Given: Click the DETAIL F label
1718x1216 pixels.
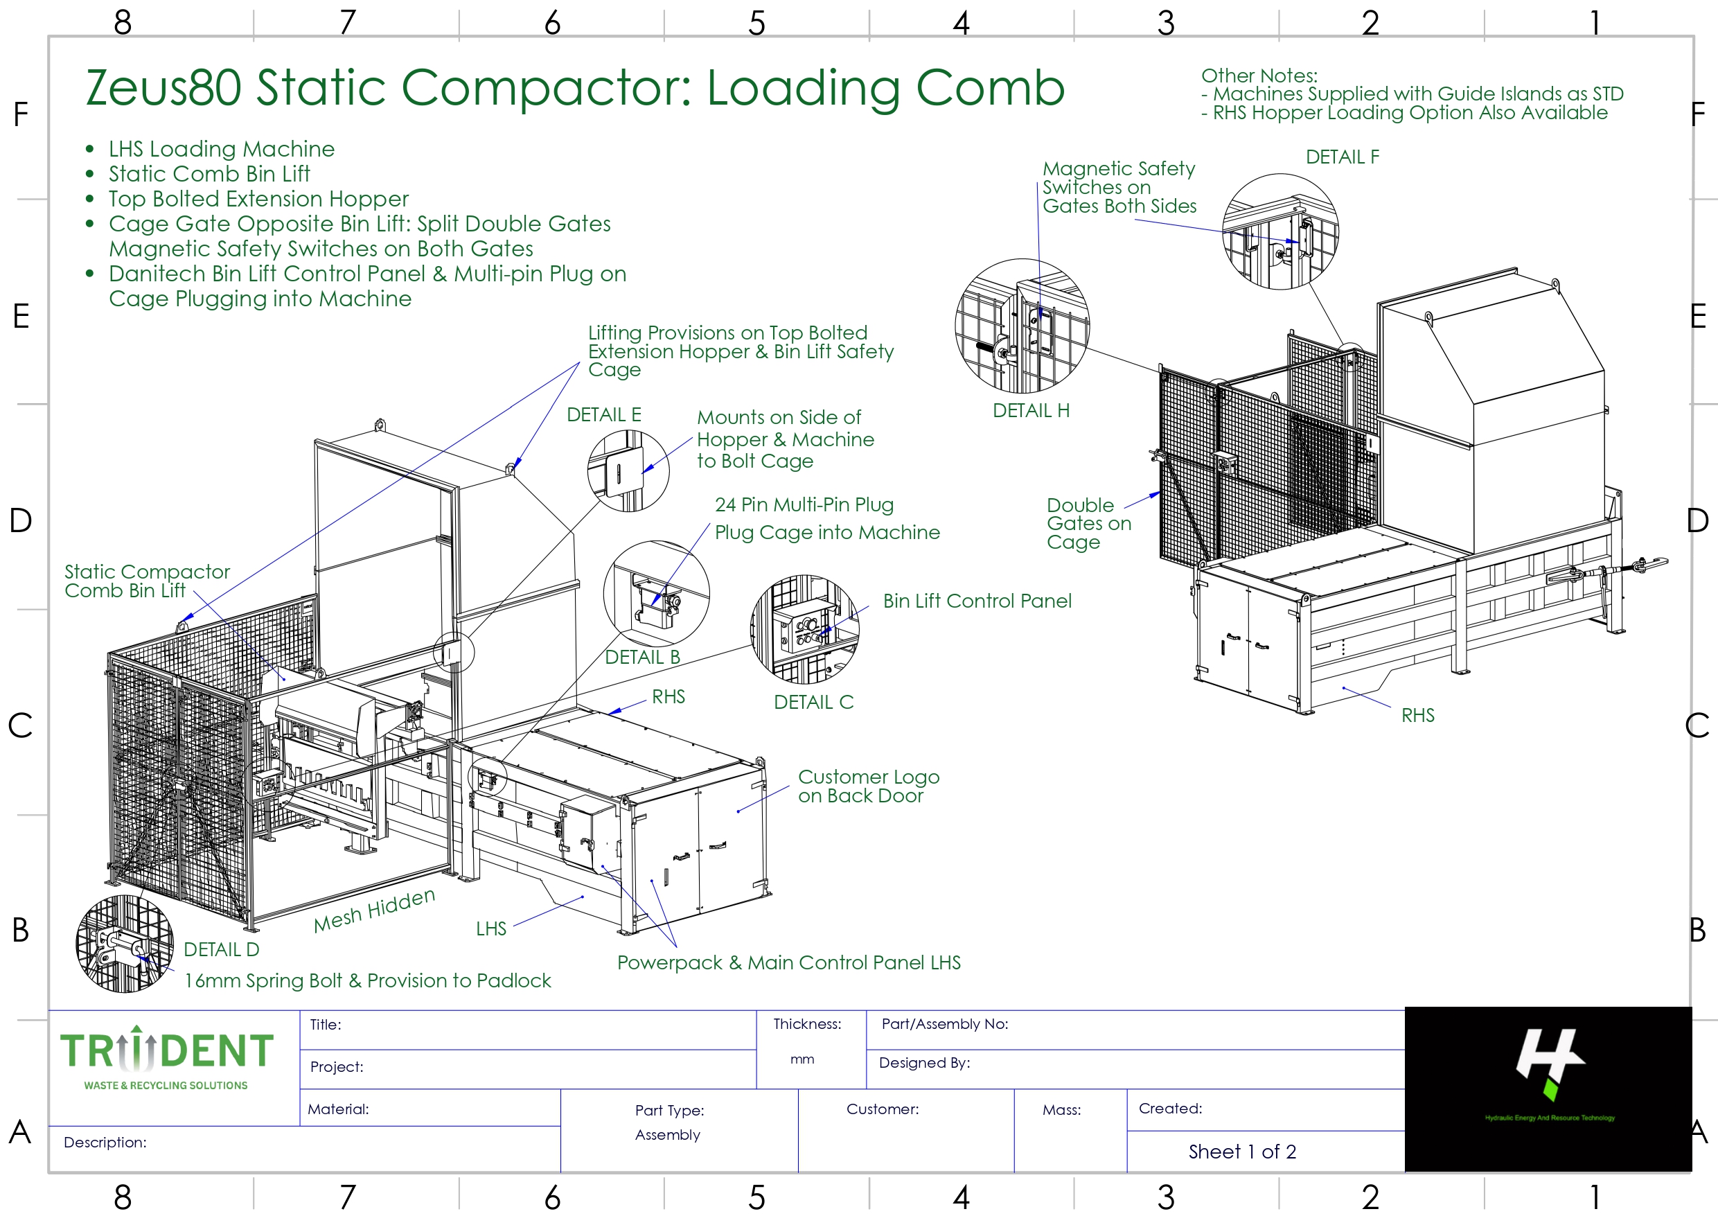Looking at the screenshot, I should [x=1341, y=157].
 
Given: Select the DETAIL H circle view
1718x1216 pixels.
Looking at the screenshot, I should [x=1022, y=326].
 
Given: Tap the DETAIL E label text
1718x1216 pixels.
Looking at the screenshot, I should [x=603, y=415].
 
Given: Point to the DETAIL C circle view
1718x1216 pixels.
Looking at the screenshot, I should [x=805, y=629].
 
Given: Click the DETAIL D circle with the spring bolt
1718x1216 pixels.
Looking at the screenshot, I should [x=124, y=944].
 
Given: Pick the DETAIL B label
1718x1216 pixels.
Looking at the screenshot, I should [x=642, y=658].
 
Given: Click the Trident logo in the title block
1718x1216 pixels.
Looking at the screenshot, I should [x=166, y=1059].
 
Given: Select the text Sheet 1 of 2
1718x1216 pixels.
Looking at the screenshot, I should [x=1242, y=1152].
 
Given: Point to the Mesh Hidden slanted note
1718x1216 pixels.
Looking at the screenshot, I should [x=373, y=910].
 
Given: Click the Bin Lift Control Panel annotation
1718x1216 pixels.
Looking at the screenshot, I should [x=977, y=601].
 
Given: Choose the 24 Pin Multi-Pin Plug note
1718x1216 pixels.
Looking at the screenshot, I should [x=804, y=504].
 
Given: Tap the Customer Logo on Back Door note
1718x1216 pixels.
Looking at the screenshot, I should [x=869, y=786].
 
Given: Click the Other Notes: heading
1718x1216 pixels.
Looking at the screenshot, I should [x=1259, y=76].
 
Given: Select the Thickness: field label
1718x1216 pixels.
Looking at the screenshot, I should [x=807, y=1024].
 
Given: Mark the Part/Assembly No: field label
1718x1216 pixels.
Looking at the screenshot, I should [x=945, y=1024].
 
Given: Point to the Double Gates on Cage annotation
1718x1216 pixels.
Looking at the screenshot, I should [x=1088, y=523].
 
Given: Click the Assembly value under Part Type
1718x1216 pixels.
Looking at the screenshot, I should [x=668, y=1135].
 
